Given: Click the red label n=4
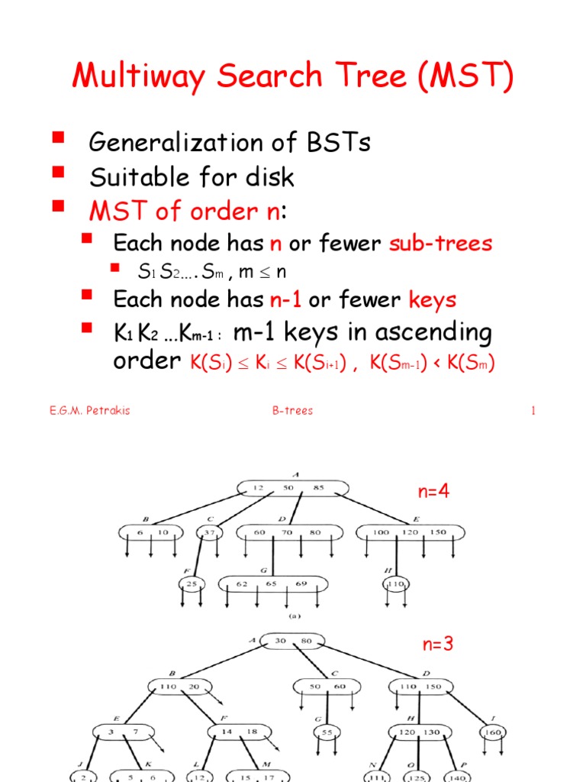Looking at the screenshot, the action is [x=433, y=492].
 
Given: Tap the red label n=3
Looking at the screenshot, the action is [x=438, y=644].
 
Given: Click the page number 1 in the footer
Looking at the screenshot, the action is [x=534, y=411].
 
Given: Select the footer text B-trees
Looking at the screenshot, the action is [x=292, y=411].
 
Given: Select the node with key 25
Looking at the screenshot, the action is [x=192, y=585].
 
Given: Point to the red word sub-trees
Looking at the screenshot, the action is [x=440, y=244].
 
